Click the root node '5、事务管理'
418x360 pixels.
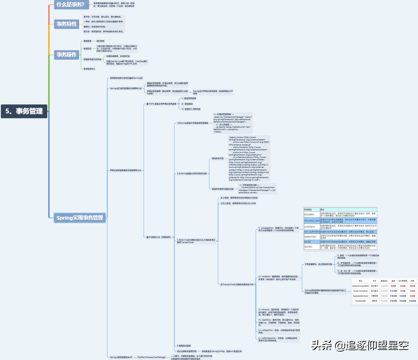24,111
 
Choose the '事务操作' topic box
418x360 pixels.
66,54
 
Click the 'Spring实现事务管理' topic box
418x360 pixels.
79,218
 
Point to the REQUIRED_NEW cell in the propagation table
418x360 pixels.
312,220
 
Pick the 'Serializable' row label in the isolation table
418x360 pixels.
361,301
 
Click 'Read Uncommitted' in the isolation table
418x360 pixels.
360,286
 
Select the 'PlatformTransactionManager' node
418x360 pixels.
152,357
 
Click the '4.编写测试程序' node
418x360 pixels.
184,346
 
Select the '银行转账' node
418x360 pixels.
101,41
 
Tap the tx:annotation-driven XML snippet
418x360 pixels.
257,189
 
